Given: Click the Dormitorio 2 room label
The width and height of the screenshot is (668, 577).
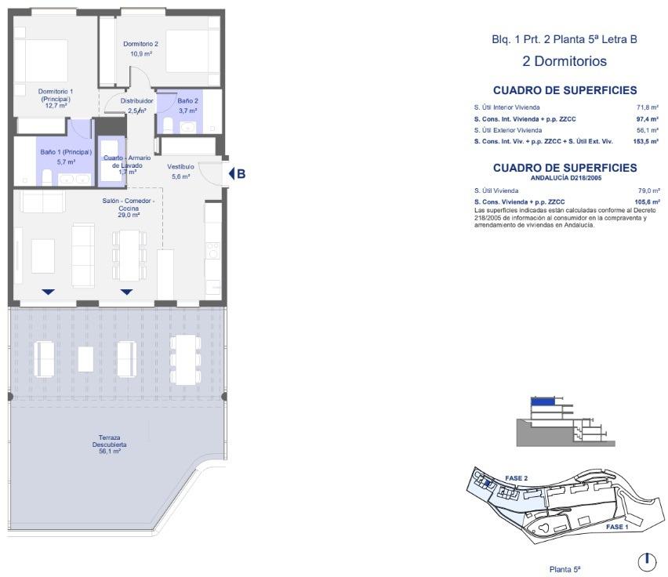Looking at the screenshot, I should click(x=140, y=44).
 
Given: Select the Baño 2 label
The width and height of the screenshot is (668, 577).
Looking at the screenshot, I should click(x=187, y=101).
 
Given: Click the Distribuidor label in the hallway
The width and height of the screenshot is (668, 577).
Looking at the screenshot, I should click(x=136, y=101).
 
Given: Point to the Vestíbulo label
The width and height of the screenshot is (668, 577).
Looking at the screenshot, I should click(x=180, y=167).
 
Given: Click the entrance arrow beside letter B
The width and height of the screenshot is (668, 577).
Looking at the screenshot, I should click(x=231, y=174).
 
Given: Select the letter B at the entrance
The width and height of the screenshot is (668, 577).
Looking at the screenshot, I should click(x=241, y=174).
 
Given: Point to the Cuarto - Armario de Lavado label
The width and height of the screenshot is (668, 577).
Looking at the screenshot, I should click(x=126, y=161).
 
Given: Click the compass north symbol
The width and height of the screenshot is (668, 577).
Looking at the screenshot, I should click(x=646, y=561).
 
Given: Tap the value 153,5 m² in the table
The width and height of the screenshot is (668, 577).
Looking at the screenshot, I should click(x=646, y=141).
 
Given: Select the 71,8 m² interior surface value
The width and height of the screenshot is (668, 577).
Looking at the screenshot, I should click(x=648, y=107).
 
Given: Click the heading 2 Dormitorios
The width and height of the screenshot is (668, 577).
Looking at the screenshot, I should click(x=565, y=61).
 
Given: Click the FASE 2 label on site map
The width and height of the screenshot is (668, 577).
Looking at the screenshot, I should click(x=516, y=478).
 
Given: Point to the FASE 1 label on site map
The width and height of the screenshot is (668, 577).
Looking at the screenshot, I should click(x=616, y=528).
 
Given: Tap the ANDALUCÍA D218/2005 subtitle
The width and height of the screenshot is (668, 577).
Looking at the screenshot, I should click(x=565, y=178).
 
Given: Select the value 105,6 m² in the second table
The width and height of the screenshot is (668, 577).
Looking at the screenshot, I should click(x=647, y=201).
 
